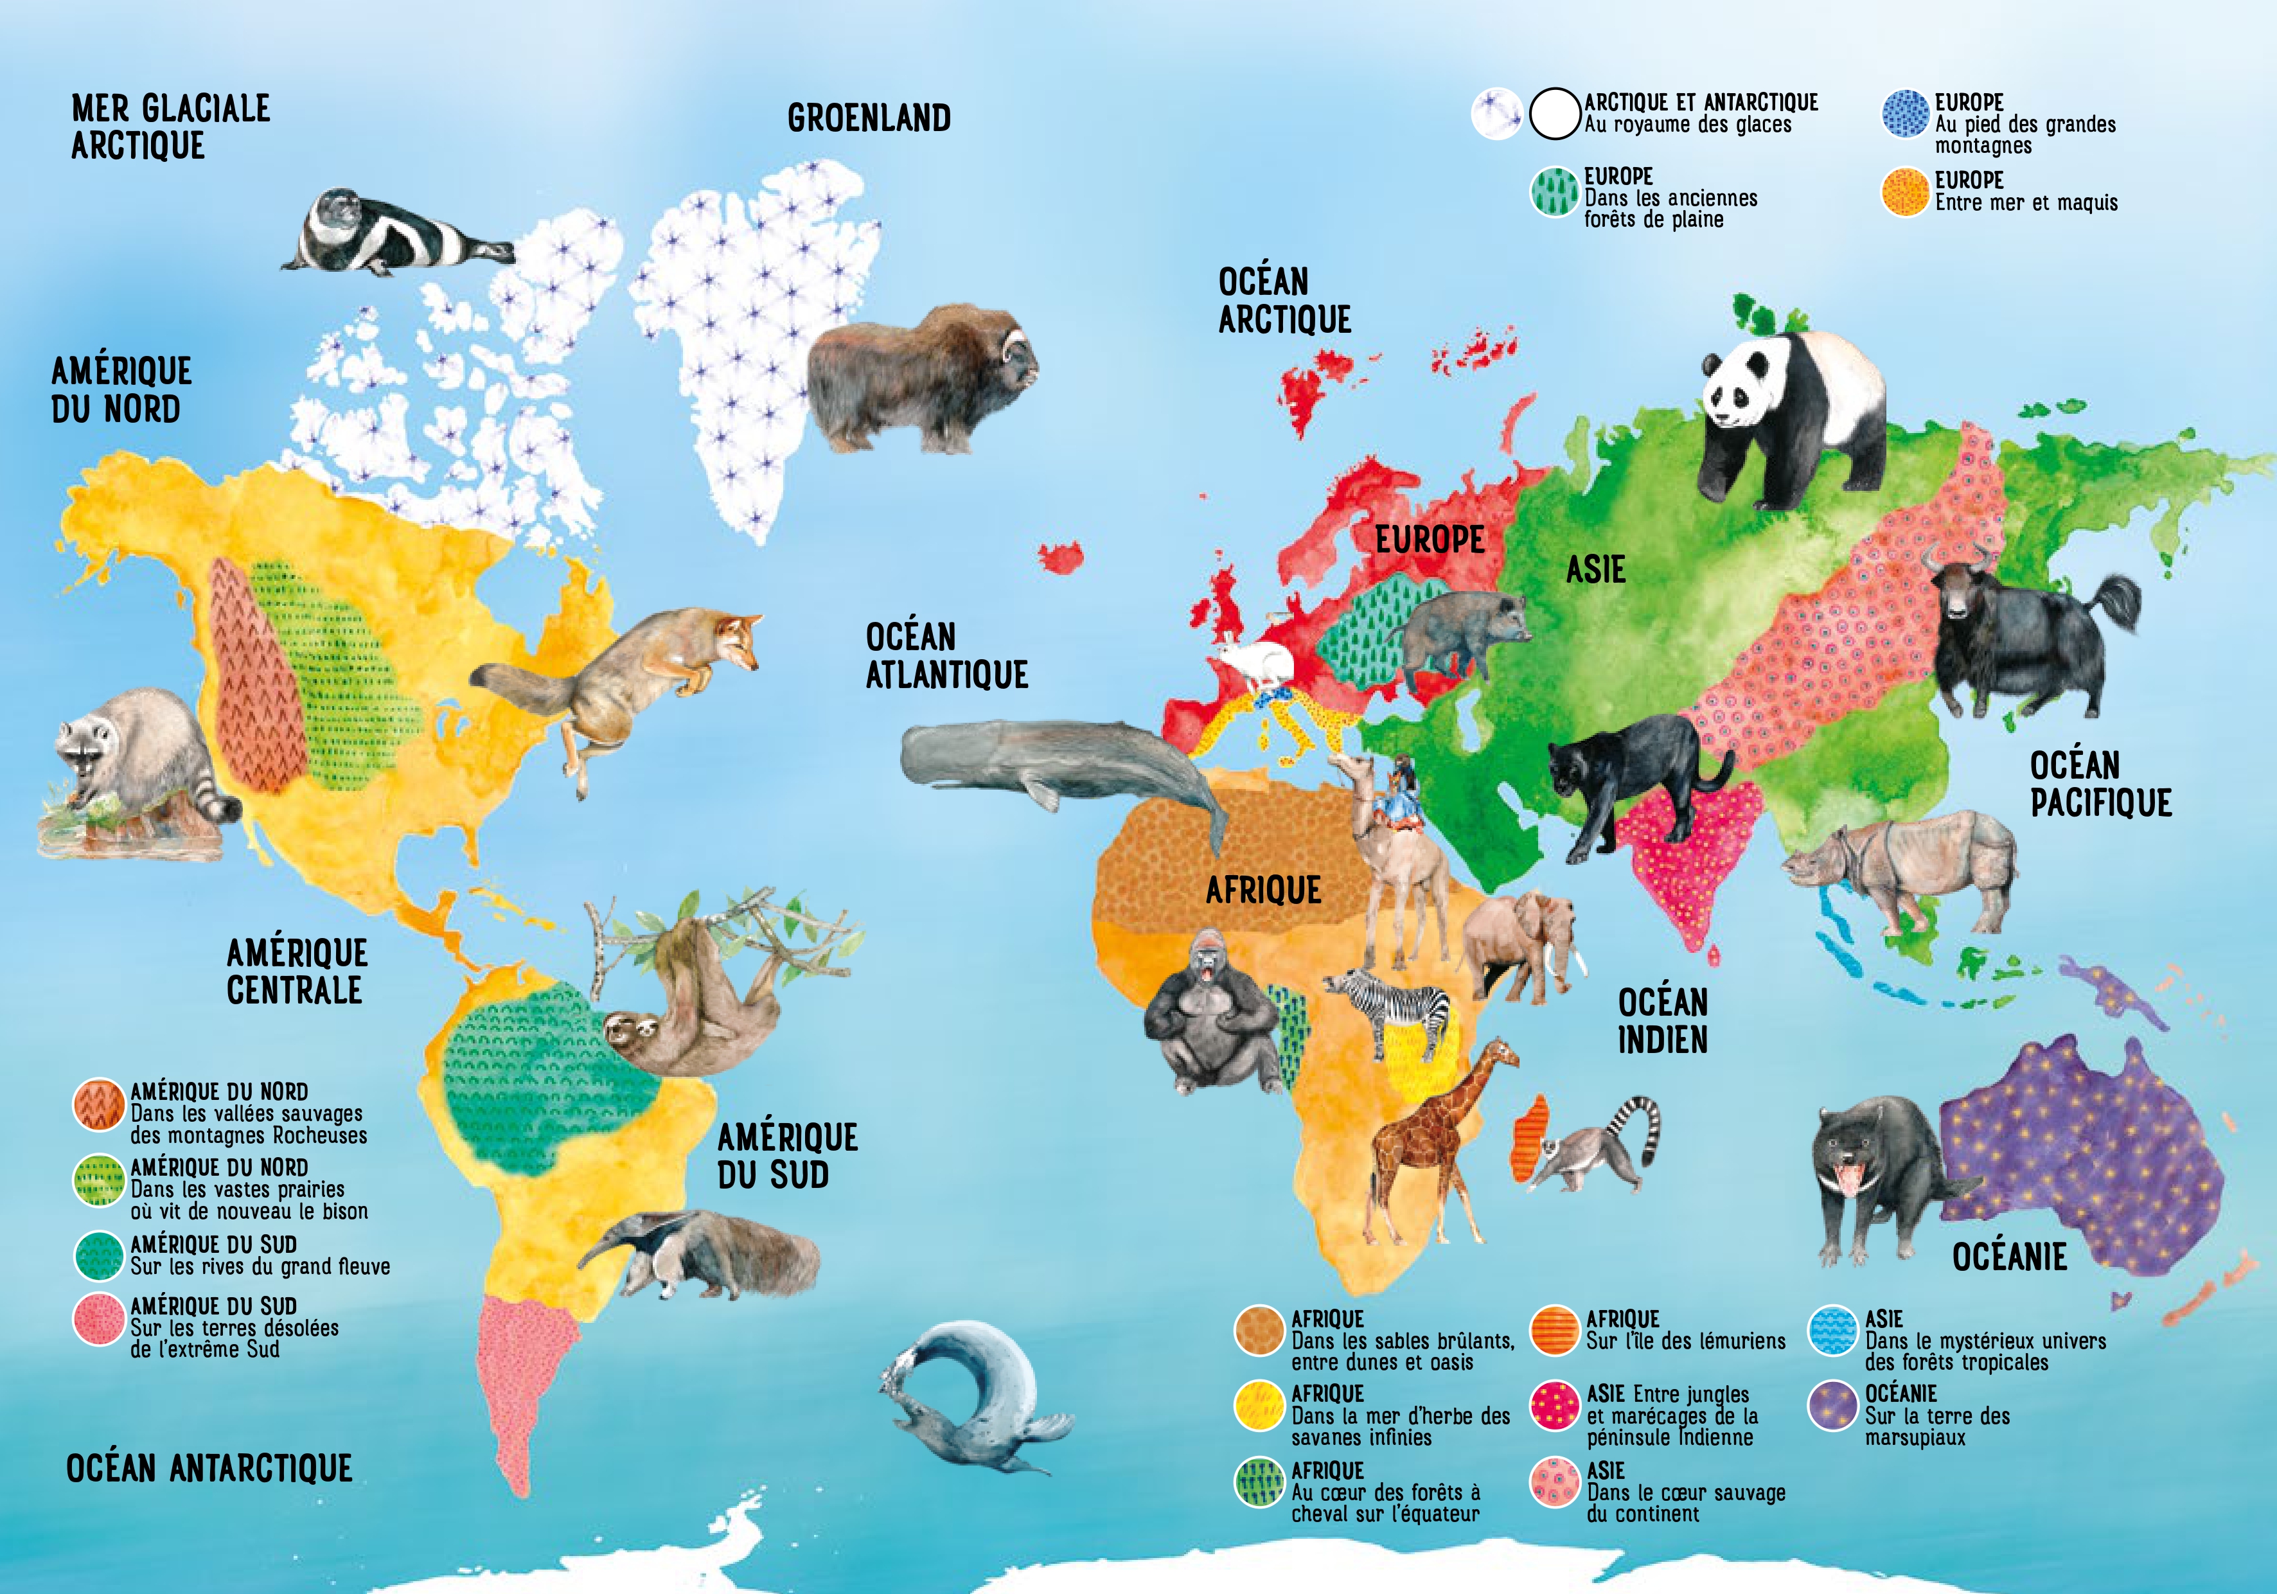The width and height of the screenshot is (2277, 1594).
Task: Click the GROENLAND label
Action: pos(869,118)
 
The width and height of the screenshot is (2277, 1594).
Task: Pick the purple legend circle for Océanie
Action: pos(1832,1406)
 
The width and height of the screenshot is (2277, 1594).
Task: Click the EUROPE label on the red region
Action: pos(1429,540)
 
